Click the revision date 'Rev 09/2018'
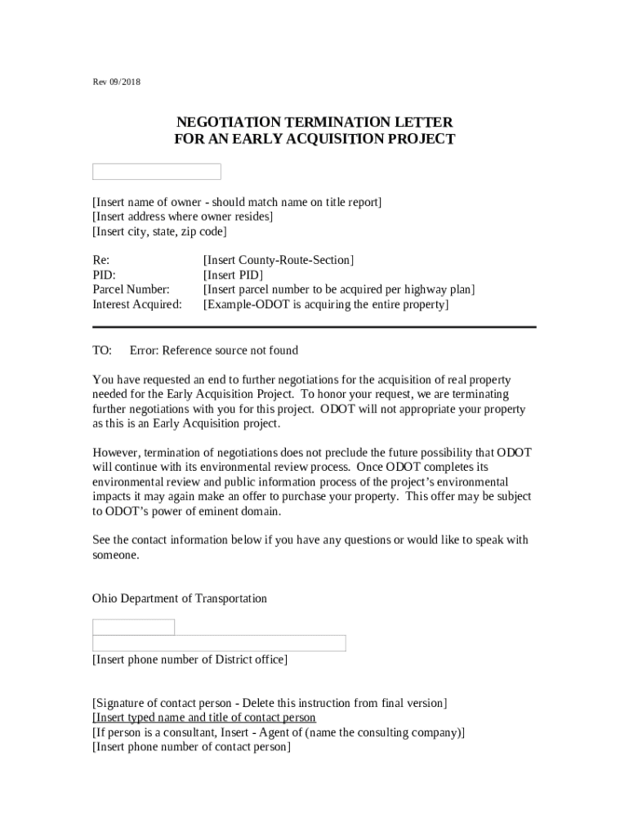[x=116, y=82]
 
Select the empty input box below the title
[x=156, y=172]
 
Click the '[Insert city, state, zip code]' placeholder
[x=159, y=231]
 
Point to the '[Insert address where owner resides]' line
[x=182, y=217]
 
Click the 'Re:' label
[x=100, y=261]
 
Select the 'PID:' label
[x=104, y=275]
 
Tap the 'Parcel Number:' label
[x=131, y=290]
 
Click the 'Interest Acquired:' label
[x=136, y=305]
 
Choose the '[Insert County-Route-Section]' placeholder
[x=278, y=261]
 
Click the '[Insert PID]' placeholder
[x=233, y=275]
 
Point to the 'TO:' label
[x=102, y=351]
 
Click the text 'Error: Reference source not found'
[x=214, y=351]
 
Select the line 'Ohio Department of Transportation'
[x=180, y=599]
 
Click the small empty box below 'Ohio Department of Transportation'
[x=133, y=627]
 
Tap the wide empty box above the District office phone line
[x=219, y=643]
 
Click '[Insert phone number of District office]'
[x=190, y=660]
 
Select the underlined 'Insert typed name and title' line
[x=204, y=718]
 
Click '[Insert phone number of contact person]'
[x=191, y=748]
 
